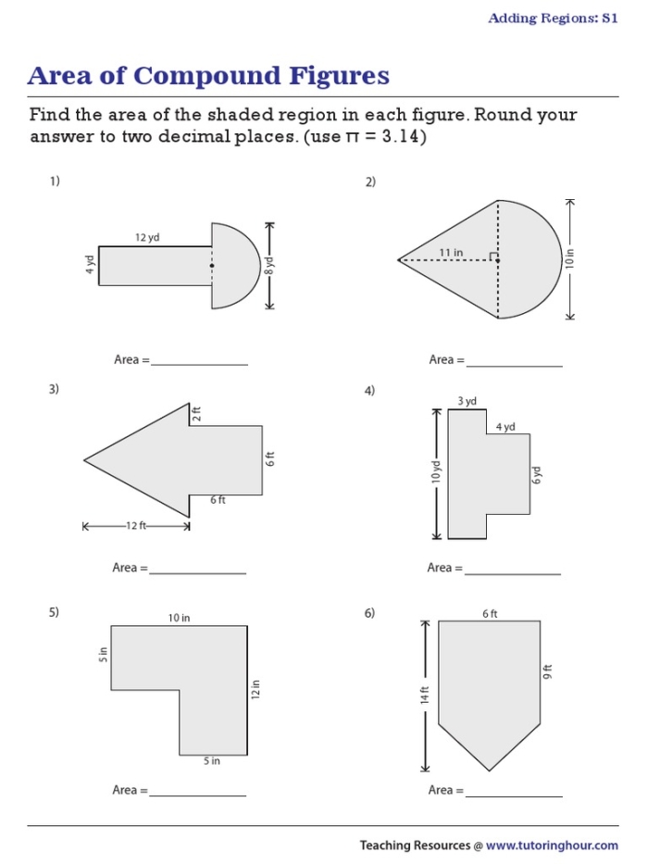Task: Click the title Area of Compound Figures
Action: (208, 76)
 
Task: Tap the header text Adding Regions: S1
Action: (553, 19)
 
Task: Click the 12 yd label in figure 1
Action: (147, 238)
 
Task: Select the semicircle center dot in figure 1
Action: (212, 266)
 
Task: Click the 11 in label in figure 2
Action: (451, 252)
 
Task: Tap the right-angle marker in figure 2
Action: (494, 257)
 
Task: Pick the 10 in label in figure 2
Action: (571, 259)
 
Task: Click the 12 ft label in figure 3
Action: (136, 526)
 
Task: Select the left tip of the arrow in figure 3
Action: (84, 459)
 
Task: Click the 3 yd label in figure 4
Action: (467, 401)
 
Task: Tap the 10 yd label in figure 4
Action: (435, 473)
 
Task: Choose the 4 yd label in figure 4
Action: (505, 427)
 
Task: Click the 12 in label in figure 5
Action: (256, 690)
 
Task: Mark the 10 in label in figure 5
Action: (180, 618)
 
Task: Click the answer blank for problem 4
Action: (512, 569)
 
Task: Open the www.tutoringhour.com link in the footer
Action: (552, 845)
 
